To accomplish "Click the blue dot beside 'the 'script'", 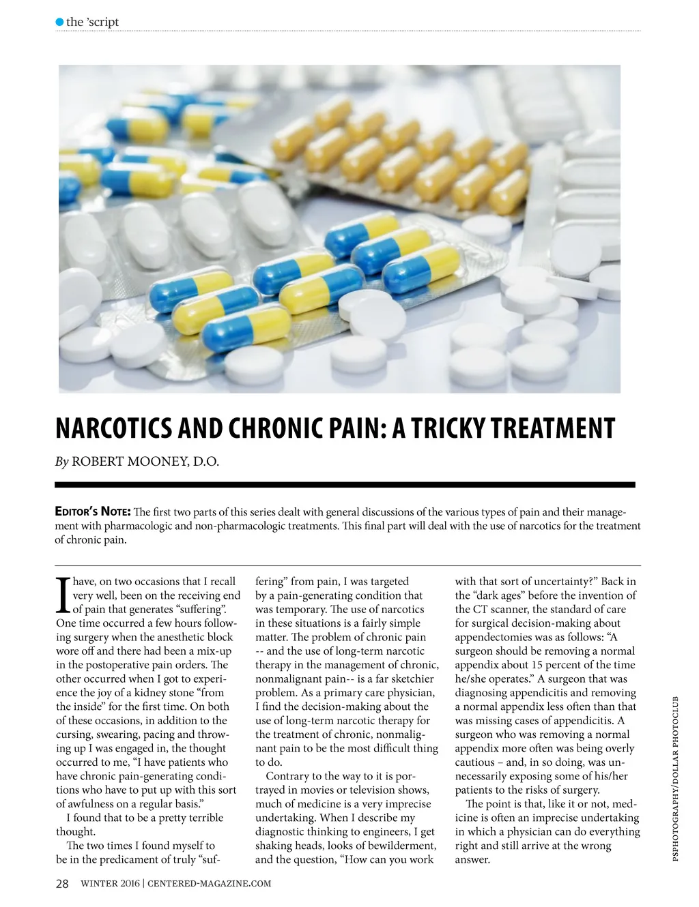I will (59, 22).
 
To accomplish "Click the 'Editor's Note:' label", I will (93, 512).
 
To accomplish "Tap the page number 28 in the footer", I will (62, 884).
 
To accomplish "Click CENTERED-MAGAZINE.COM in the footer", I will (210, 884).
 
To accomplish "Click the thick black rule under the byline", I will (345, 485).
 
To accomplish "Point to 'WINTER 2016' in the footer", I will (110, 884).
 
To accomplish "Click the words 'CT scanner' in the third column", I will (498, 610).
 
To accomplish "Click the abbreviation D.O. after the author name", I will (206, 462).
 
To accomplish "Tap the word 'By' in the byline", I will (61, 462).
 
